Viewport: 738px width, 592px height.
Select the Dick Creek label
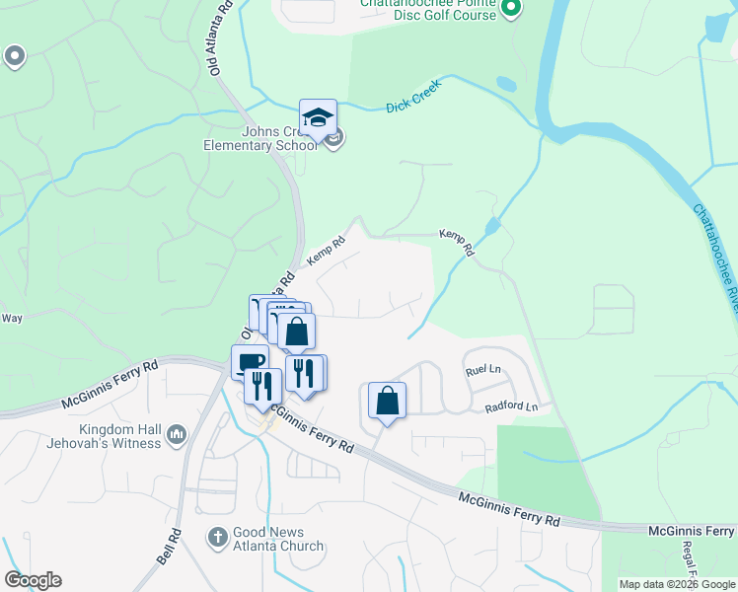coord(411,96)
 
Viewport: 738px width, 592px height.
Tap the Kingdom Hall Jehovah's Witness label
coord(104,435)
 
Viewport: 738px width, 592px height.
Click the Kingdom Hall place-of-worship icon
coord(178,434)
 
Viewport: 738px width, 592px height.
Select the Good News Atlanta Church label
coord(277,539)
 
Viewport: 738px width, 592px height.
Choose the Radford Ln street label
coord(511,407)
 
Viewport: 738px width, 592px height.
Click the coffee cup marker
coord(249,361)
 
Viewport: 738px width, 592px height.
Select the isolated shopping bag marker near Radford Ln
coord(387,402)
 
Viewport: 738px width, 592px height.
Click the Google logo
coord(33,580)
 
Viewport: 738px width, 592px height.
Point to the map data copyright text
coord(677,584)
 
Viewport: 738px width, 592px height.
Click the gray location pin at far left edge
coord(14,57)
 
